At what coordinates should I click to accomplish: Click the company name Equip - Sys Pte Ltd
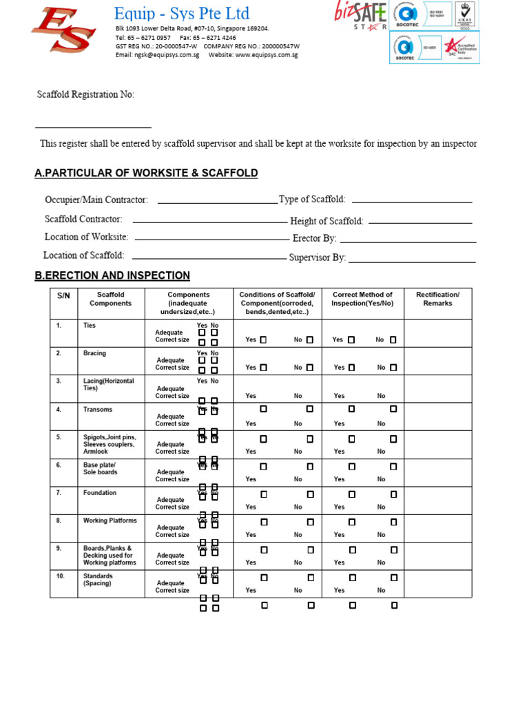coord(182,13)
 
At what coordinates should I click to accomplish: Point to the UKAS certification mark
coord(466,14)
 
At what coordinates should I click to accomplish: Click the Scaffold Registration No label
coord(85,94)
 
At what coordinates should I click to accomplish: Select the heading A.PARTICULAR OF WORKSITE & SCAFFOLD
coord(146,173)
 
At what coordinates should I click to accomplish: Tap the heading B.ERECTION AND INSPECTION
coord(112,275)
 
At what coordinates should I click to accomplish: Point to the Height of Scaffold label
coord(326,221)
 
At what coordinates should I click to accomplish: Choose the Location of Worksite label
coord(86,237)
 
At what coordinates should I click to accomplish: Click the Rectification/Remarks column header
coord(437,299)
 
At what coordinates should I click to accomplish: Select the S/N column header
coord(63,295)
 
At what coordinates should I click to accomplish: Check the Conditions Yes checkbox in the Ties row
coord(263,339)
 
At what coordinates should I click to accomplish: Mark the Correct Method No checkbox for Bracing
coord(393,368)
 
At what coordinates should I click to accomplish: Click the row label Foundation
coord(100,493)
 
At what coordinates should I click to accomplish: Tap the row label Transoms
coord(98,410)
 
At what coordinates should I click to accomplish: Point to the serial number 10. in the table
coord(60,576)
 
